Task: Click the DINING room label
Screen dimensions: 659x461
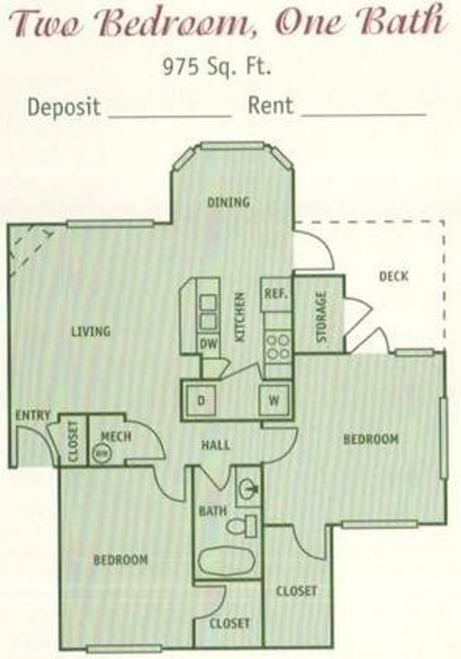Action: tap(228, 203)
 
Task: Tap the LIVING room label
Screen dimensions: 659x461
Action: tap(91, 332)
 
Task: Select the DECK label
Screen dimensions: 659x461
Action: tap(393, 276)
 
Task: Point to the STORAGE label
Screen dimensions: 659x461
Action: tap(321, 317)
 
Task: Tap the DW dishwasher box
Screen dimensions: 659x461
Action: tap(209, 345)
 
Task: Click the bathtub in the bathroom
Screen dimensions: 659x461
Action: tap(226, 562)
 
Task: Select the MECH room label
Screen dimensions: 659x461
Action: tap(115, 436)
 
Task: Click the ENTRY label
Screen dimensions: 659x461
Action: tap(32, 415)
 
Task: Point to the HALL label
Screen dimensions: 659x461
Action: tap(215, 445)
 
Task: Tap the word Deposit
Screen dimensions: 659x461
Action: tap(64, 107)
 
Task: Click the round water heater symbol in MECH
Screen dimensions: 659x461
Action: tap(102, 452)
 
